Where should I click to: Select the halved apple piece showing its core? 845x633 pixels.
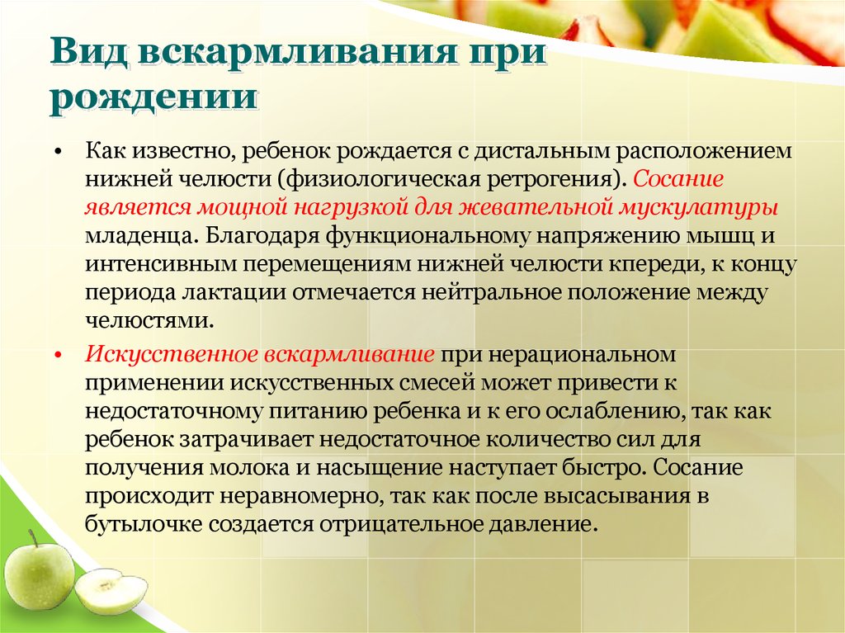111,592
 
